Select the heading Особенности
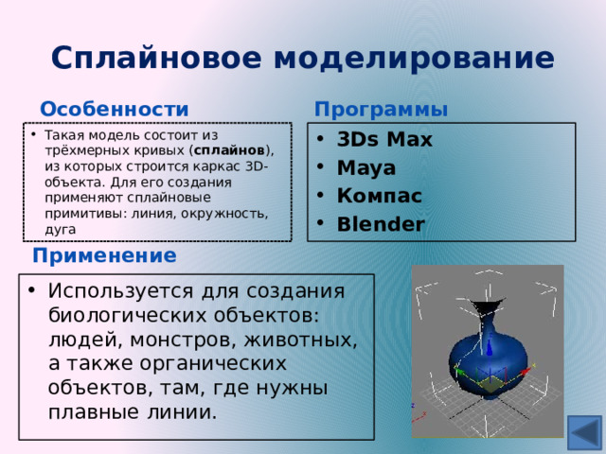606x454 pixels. [x=115, y=110]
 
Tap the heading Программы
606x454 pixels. [x=382, y=110]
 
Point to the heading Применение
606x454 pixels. [x=104, y=255]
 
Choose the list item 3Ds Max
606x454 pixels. [x=384, y=140]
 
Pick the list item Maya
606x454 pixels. [x=365, y=168]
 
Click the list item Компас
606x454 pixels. [x=380, y=196]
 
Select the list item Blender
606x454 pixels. [x=381, y=224]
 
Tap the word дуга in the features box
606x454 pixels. [x=60, y=229]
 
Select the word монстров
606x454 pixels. [x=165, y=339]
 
